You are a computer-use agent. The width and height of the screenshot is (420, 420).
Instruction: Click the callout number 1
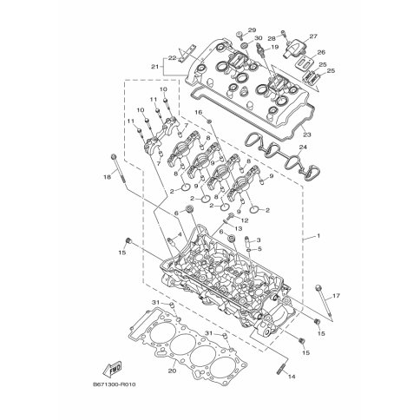318,236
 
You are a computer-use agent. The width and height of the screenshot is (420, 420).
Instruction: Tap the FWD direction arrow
112,369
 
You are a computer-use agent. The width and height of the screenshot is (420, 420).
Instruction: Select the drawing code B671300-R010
115,384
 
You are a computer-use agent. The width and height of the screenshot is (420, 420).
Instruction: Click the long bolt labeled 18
119,169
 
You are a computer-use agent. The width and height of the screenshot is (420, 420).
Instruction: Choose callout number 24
303,148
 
